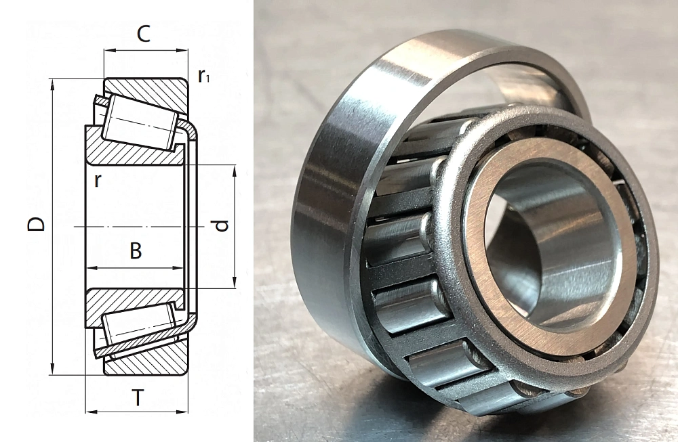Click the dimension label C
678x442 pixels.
tap(143, 34)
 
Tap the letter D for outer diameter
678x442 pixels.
tap(36, 224)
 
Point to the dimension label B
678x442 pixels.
tap(136, 251)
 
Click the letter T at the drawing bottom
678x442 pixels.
tap(138, 397)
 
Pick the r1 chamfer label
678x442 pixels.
tap(203, 76)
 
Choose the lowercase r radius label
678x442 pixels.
tap(98, 181)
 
